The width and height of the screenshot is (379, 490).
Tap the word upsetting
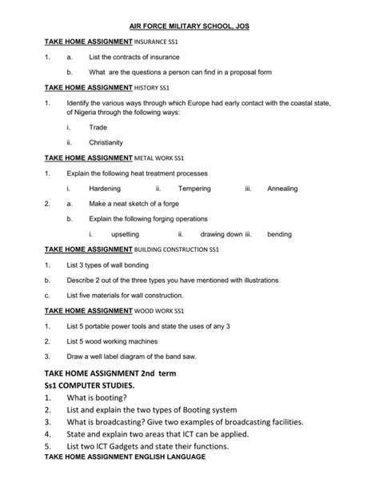click(125, 234)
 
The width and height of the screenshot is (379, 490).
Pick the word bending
click(280, 234)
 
